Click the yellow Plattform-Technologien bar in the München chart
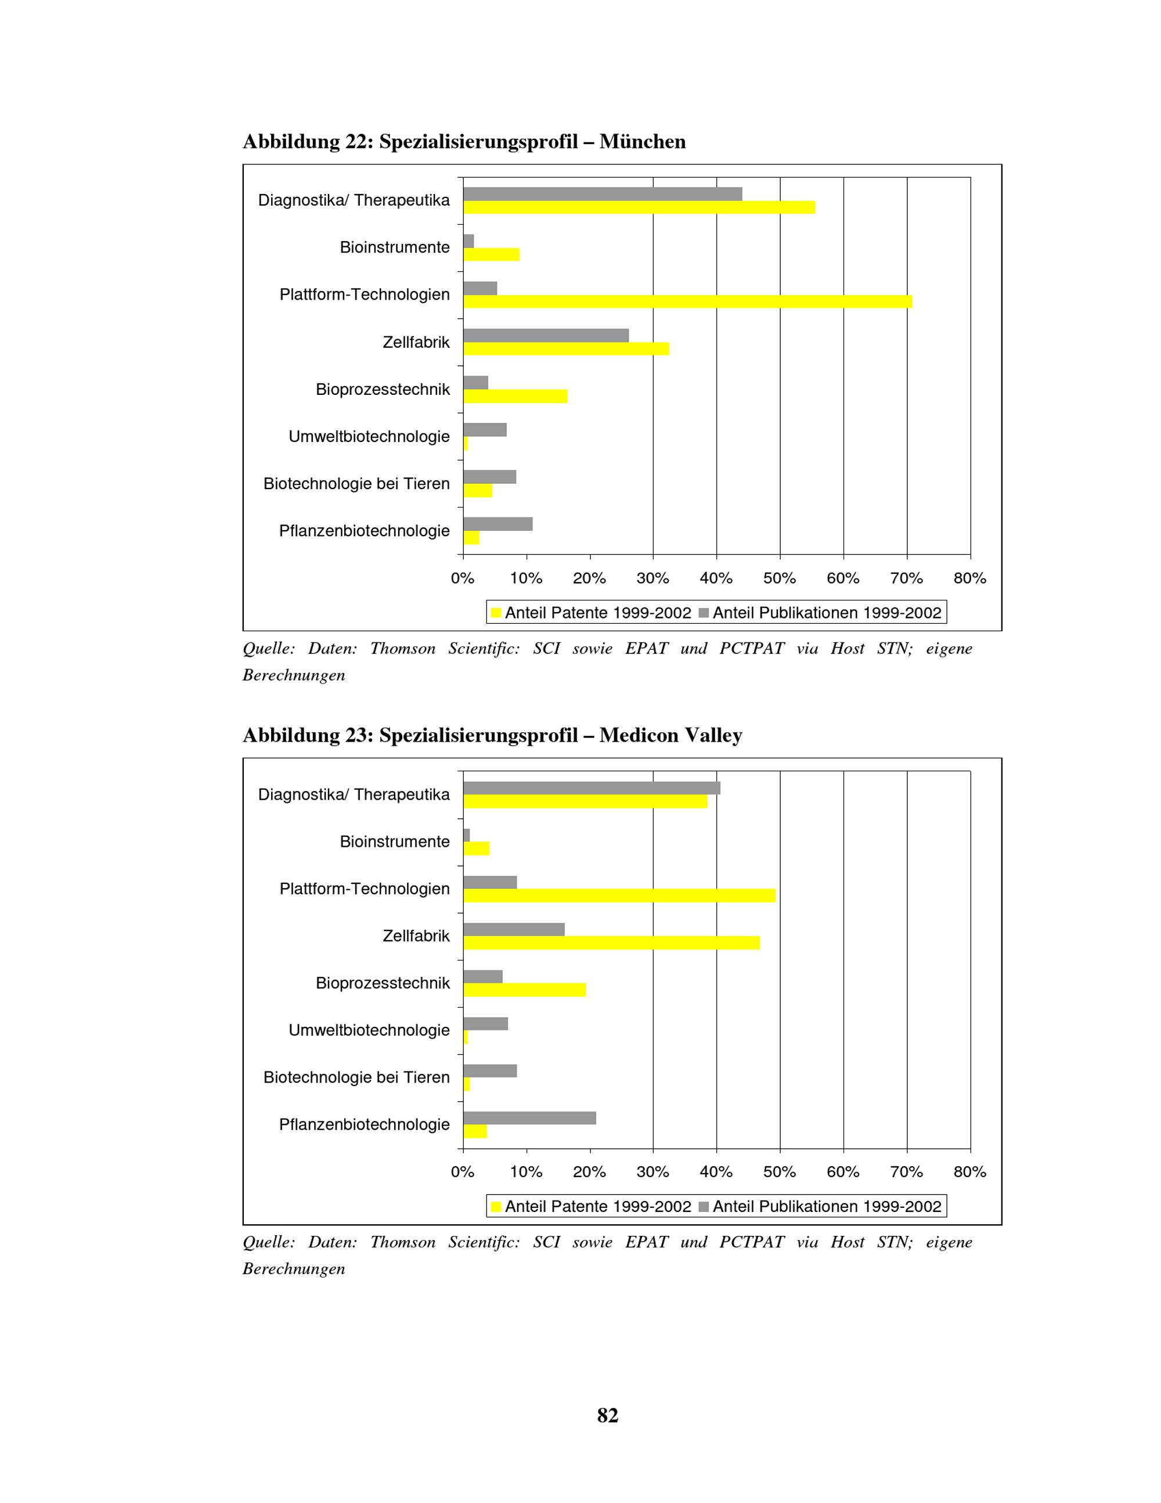[688, 301]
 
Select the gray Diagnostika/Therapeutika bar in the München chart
[603, 194]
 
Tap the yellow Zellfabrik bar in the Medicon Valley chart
[611, 943]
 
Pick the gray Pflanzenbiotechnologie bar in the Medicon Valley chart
[529, 1117]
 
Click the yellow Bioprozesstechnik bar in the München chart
[515, 395]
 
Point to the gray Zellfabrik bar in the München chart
[546, 335]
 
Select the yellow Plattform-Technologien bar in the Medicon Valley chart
[619, 896]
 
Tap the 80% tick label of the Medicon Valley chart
[970, 1172]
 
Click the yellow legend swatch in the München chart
[496, 613]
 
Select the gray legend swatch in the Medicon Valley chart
[703, 1206]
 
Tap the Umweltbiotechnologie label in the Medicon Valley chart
[369, 1030]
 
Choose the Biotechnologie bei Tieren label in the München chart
[356, 484]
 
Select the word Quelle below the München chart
[268, 649]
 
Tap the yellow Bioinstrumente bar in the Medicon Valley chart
[476, 848]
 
